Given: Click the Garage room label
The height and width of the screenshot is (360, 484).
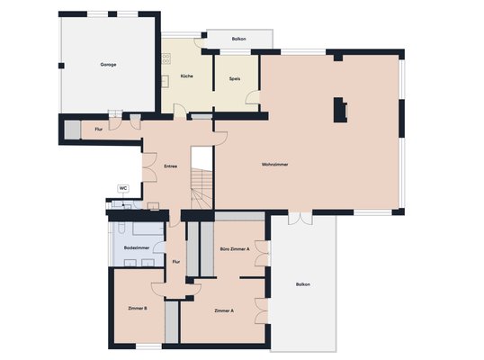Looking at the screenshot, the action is (108, 65).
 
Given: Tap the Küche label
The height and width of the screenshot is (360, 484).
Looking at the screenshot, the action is (187, 76).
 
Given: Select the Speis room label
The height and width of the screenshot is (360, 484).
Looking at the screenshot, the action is (235, 78).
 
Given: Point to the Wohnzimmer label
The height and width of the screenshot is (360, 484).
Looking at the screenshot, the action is (274, 165).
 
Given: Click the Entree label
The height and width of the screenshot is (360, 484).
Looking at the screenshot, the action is (170, 166).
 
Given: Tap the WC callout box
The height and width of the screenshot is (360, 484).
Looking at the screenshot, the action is (123, 188).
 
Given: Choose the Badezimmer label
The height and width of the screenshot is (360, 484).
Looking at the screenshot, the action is (137, 247).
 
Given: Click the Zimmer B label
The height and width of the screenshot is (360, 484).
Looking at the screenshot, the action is (137, 308).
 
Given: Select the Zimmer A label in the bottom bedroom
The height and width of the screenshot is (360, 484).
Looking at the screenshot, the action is (224, 310).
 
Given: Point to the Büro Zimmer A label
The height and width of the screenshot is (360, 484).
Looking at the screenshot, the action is (235, 249).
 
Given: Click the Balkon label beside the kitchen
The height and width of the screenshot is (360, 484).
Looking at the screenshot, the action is (238, 39).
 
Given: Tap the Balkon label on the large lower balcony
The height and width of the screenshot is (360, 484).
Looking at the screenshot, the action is (303, 284).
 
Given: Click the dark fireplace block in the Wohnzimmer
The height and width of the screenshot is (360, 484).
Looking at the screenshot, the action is (339, 110).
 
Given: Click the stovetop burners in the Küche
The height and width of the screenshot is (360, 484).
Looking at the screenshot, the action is (166, 59).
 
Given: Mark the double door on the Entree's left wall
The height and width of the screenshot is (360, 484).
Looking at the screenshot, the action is (150, 167).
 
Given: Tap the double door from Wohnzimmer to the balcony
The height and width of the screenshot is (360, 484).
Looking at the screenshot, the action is (300, 218).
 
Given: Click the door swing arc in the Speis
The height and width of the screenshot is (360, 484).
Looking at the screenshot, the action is (252, 97).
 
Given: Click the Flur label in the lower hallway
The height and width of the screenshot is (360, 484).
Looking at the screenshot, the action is (176, 262).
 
